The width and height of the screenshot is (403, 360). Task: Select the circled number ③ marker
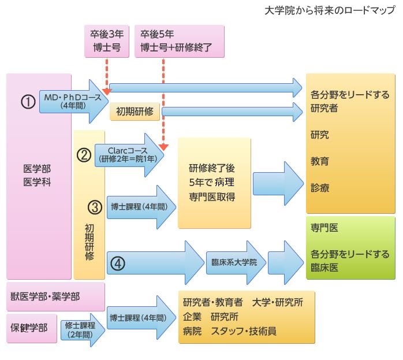(95, 206)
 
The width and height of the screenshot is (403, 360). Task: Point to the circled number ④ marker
(117, 262)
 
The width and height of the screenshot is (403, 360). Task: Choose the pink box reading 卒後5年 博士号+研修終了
(178, 42)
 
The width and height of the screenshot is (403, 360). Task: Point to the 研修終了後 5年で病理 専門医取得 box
(214, 183)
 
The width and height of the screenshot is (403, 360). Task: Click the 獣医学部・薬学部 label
(45, 296)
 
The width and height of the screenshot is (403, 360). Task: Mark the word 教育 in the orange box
(320, 161)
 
